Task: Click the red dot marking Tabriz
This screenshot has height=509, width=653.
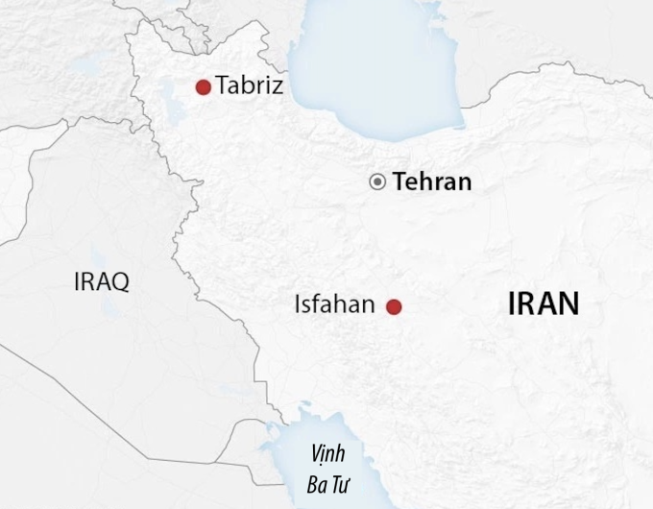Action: pos(203,87)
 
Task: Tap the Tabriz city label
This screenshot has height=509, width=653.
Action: pos(250,86)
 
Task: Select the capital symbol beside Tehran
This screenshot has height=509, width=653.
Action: pos(378,182)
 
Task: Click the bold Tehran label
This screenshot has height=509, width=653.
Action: pos(433,182)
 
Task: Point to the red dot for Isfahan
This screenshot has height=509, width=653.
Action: pos(393,307)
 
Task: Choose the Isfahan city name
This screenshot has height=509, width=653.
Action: pos(335,306)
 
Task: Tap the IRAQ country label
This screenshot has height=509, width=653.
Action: pos(101,281)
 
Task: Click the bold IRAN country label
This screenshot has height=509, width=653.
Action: pos(544,304)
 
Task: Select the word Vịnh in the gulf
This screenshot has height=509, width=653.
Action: pos(326,453)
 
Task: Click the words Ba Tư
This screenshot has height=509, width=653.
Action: pos(326,479)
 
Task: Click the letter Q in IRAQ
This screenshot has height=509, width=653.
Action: pos(120,281)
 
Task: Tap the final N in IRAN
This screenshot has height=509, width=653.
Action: pos(569,304)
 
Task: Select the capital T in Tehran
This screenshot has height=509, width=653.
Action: pos(400,182)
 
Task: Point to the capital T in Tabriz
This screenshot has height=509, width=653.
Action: pos(223,86)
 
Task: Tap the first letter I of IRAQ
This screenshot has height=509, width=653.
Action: pos(77,281)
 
